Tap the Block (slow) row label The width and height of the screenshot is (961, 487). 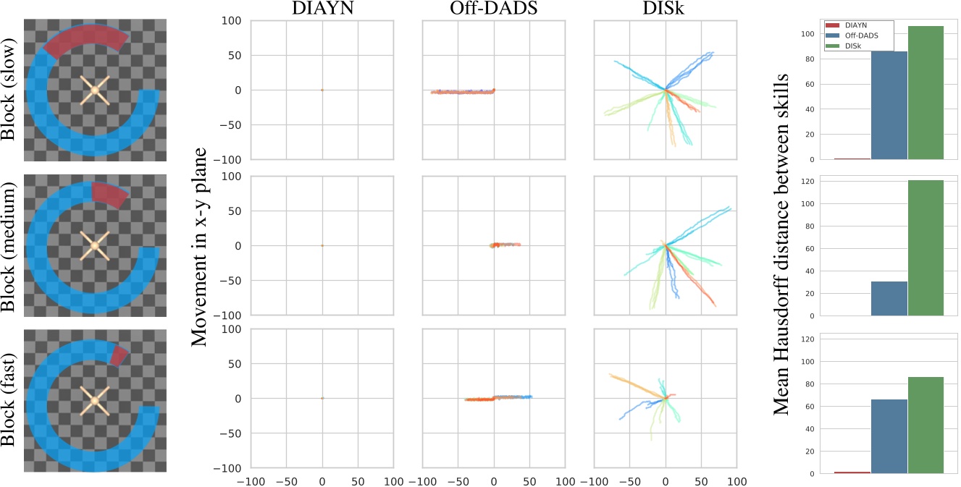9,90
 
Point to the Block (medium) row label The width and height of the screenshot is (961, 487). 9,246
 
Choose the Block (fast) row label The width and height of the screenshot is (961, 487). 9,400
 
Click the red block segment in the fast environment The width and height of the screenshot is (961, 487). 118,355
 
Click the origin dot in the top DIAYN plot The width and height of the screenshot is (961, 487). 322,90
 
